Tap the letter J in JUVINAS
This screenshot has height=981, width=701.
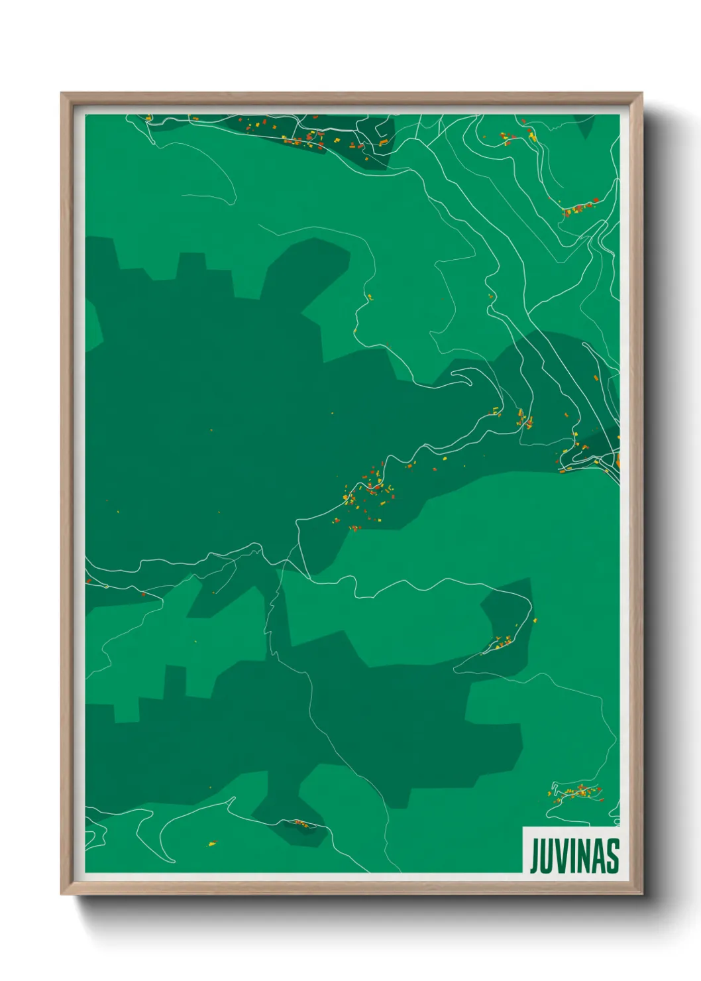tap(534, 856)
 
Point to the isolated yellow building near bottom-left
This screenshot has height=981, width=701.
tap(212, 844)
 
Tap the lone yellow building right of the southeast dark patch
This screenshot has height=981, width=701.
tap(535, 620)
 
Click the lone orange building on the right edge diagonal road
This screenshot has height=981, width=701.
tap(595, 378)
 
